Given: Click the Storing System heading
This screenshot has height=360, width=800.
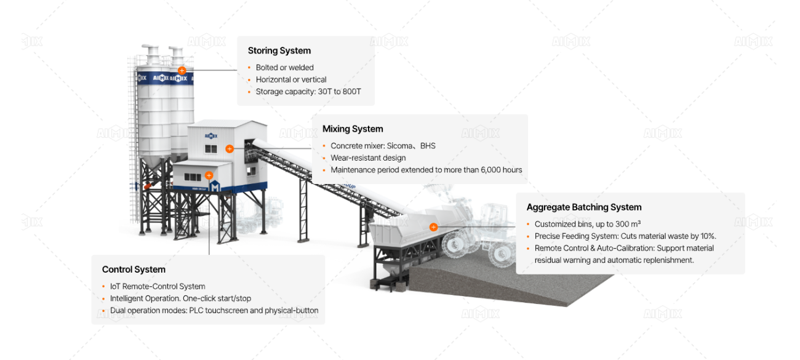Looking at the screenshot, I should tap(279, 50).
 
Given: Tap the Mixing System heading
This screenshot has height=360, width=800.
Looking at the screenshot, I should tap(353, 129).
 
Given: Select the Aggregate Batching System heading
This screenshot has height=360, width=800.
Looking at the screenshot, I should tap(583, 207).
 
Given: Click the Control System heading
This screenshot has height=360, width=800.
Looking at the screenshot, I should tap(134, 270).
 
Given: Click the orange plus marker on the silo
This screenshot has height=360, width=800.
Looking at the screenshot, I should tap(182, 71).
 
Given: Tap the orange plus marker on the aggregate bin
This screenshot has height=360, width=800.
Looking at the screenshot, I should tap(433, 227).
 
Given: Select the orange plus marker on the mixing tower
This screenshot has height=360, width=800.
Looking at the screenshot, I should tap(230, 149).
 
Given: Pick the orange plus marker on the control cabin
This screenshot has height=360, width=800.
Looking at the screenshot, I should tap(209, 175).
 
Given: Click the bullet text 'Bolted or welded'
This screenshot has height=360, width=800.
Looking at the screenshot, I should tap(284, 68).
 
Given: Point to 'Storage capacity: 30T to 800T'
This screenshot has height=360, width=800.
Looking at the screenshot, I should tap(308, 92).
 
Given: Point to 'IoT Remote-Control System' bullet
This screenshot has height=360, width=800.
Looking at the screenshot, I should tap(158, 286).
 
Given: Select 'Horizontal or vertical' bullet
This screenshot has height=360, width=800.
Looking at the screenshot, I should tap(291, 79).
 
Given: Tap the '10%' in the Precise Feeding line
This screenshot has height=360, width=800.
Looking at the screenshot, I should tap(708, 236).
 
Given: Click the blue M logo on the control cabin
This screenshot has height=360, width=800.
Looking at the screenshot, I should tap(215, 186).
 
